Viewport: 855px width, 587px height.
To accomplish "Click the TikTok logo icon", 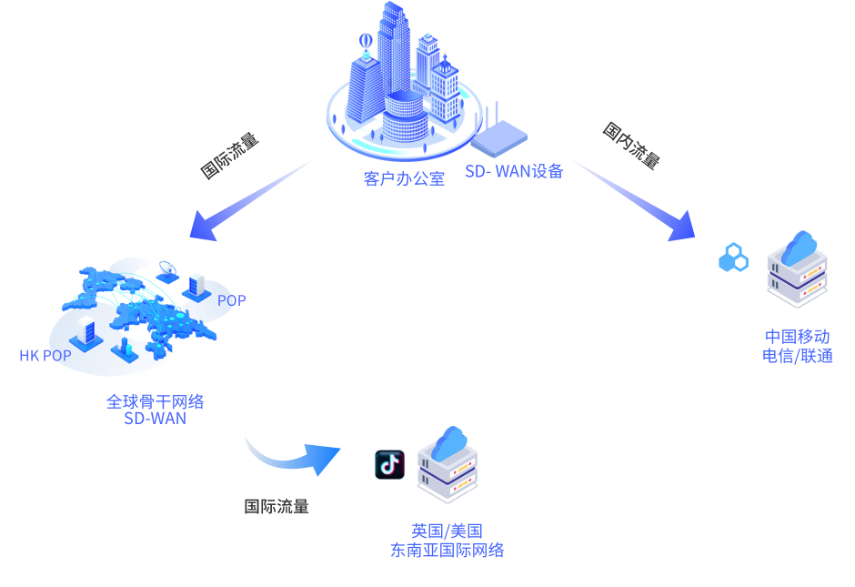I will coord(389,464).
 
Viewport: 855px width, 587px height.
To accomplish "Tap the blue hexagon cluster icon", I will coord(733,258).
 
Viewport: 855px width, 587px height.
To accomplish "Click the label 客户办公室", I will coord(404,178).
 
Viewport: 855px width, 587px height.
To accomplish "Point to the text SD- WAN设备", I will coord(514,170).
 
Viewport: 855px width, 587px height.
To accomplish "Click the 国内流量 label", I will coord(630,145).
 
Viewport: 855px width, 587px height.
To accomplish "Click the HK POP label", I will coord(45,356).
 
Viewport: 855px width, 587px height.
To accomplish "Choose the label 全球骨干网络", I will coord(155,401).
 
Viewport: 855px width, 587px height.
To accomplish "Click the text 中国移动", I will coord(797,337).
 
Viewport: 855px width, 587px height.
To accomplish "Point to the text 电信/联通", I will coord(797,356).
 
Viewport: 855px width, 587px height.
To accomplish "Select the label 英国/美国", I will coord(446,531).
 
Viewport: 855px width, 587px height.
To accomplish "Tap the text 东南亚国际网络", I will coord(446,551).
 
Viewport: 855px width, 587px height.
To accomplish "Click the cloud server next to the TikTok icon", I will coord(447,465).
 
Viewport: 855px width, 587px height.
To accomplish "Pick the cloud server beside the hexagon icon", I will coord(797,268).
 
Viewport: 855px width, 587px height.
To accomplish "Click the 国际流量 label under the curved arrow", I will coord(277,507).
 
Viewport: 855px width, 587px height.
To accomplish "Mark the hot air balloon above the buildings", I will coord(366,42).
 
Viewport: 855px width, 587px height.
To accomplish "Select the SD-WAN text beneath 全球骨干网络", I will coord(155,419).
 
